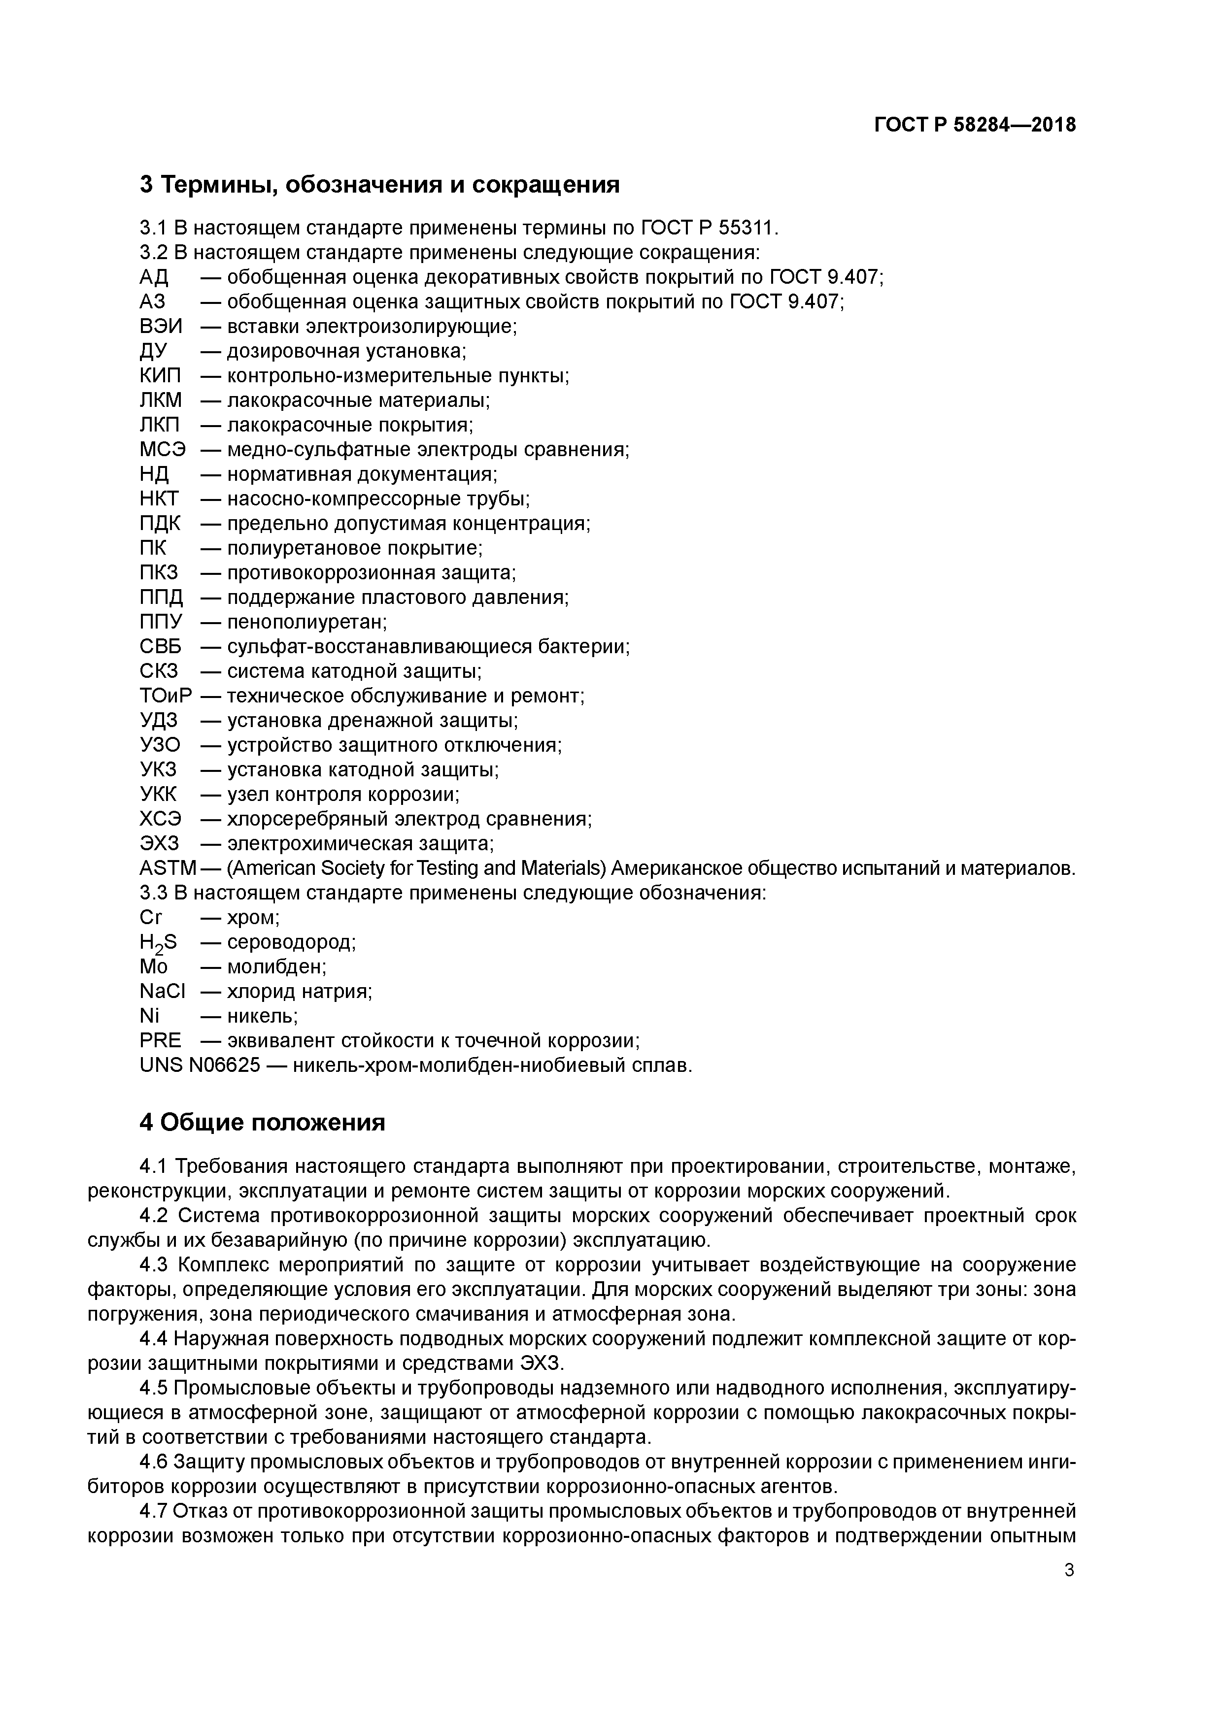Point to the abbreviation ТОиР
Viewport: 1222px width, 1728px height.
[166, 696]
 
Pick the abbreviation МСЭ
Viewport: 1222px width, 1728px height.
[162, 450]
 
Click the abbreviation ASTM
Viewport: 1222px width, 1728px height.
[167, 868]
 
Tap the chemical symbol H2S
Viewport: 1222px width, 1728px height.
[158, 943]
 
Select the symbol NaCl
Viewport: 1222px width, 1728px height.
[162, 992]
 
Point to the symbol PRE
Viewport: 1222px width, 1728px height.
[160, 1041]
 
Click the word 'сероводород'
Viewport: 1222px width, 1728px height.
[291, 942]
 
